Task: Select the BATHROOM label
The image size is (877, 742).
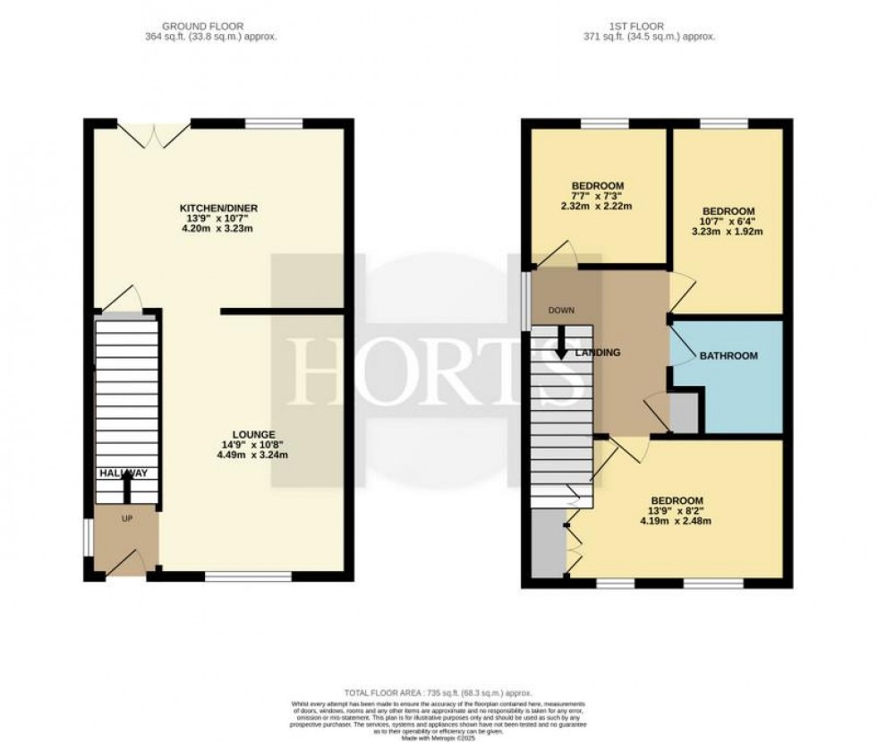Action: coord(728,355)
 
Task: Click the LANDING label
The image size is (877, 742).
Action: coord(598,353)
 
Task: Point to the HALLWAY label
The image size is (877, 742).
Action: coord(123,473)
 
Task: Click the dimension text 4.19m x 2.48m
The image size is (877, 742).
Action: coord(676,521)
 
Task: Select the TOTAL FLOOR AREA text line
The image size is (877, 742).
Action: coord(438,693)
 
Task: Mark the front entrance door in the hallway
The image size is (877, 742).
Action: coord(124,563)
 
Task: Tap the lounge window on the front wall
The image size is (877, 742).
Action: coord(250,577)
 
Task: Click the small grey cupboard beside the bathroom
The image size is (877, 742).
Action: coord(685,413)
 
